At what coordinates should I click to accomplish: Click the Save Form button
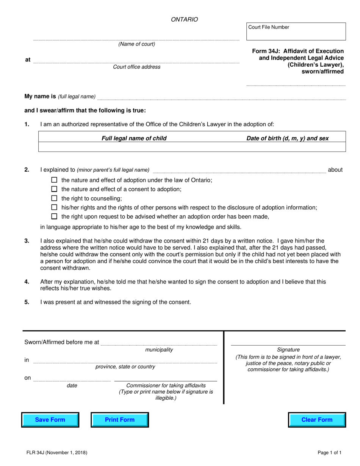point(50,420)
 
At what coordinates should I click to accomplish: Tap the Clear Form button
point(317,420)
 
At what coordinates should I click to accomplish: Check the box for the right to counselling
point(54,199)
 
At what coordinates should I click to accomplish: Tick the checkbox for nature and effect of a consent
point(54,189)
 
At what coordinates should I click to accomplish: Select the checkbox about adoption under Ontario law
point(54,180)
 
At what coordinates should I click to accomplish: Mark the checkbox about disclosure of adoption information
point(54,207)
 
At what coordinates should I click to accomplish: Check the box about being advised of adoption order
point(54,217)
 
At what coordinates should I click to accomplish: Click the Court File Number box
point(296,31)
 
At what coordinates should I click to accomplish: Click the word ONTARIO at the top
point(185,20)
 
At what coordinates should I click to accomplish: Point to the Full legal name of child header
point(134,138)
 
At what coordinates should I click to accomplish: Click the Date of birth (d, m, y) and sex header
point(288,138)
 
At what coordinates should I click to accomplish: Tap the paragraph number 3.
point(27,241)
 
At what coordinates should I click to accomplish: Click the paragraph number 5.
point(27,302)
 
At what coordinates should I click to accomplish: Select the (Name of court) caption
point(137,44)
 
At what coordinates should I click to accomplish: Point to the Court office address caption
point(137,67)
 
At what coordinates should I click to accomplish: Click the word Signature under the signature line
point(288,350)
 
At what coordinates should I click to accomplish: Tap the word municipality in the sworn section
point(159,350)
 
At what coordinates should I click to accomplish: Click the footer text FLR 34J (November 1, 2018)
point(56,452)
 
